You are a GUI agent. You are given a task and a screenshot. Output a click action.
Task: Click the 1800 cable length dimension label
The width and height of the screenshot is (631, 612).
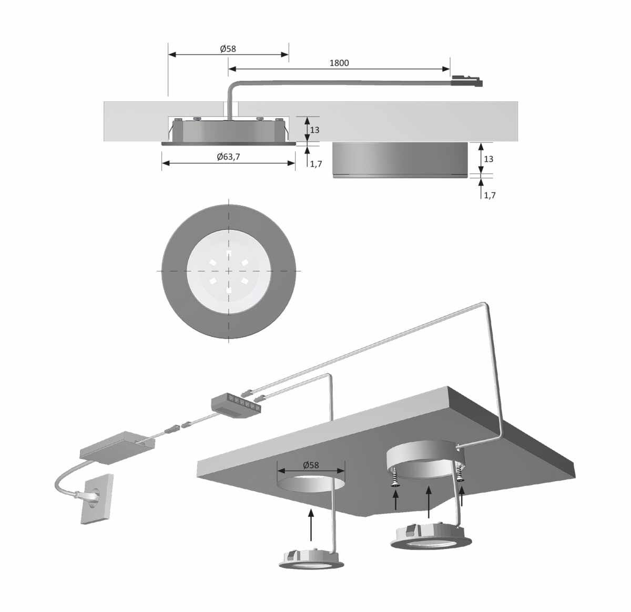pos(339,63)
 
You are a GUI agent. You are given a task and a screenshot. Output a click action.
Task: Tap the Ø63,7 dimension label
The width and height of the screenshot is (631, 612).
pos(228,157)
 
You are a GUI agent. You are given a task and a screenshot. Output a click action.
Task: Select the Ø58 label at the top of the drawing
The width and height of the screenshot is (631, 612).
pos(228,49)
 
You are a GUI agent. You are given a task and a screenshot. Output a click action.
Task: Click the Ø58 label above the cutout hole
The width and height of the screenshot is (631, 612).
pos(311,465)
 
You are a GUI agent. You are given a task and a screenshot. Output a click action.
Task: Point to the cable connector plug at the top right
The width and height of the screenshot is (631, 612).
pos(467,81)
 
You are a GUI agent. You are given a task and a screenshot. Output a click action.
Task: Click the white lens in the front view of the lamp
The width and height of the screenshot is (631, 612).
pos(228,271)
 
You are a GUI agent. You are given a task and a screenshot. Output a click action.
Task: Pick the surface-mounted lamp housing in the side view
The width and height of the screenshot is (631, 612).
pos(401,160)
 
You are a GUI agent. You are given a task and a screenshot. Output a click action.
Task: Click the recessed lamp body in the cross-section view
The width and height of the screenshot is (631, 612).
pos(229,131)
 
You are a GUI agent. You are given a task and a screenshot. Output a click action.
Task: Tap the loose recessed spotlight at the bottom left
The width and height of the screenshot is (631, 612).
pos(311,559)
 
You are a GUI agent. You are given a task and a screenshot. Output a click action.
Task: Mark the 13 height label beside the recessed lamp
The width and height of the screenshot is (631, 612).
pos(314,130)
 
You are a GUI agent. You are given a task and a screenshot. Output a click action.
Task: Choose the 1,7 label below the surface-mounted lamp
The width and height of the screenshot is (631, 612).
pos(490,195)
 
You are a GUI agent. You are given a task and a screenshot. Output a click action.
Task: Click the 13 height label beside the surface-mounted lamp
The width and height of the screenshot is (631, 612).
pos(488,159)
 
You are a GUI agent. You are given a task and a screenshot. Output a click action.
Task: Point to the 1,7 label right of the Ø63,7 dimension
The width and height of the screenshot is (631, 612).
pos(316,164)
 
